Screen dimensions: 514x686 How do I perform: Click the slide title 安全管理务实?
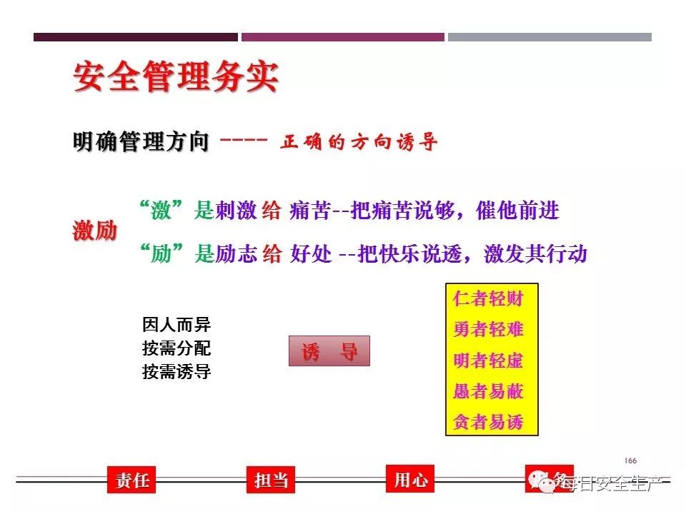coord(175,78)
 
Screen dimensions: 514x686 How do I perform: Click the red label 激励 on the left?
coord(95,231)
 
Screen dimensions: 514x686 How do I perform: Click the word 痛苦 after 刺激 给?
coord(311,211)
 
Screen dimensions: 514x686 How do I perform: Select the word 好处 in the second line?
coord(311,254)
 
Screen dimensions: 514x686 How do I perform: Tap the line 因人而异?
coord(177,326)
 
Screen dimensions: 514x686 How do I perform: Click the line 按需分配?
coord(177,349)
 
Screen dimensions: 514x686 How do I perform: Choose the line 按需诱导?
coord(177,372)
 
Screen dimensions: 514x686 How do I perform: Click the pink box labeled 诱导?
coord(329,351)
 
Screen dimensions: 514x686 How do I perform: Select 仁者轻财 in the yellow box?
coord(488,299)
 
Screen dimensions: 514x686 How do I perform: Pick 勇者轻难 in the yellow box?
coord(488,329)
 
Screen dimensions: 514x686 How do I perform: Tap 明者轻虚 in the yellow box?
coord(488,361)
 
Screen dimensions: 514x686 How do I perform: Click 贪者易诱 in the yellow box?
coord(488,422)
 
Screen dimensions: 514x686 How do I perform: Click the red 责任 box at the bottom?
coord(131,480)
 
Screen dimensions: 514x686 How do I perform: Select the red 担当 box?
coord(271,480)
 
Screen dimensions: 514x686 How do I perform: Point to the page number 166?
coord(630,460)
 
